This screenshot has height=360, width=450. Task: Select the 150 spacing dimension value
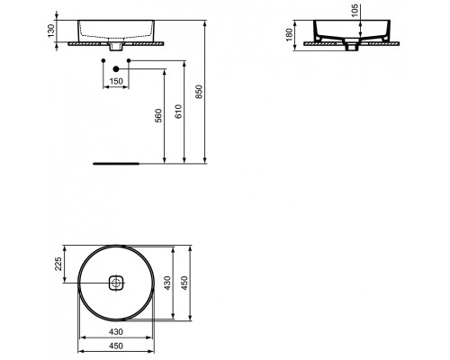click(116, 79)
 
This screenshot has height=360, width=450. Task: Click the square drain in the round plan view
click(115, 283)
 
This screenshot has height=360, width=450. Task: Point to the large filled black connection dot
click(116, 68)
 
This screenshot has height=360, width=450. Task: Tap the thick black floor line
click(115, 163)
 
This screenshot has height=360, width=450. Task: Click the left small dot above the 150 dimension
click(103, 60)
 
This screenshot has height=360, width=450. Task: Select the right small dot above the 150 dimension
click(129, 60)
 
